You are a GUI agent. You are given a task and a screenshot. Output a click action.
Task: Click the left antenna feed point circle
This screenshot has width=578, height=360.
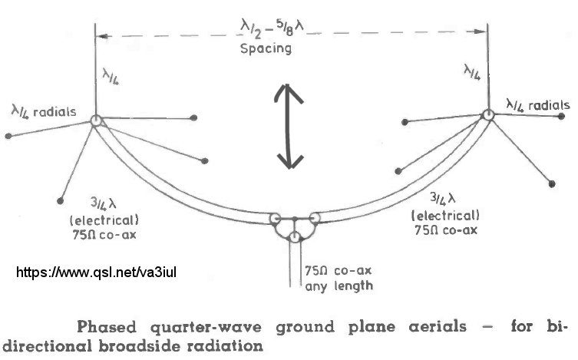(95, 121)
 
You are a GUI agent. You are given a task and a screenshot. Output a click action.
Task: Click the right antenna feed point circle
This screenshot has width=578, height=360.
(488, 115)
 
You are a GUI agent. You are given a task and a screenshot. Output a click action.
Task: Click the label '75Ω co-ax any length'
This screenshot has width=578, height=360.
(339, 278)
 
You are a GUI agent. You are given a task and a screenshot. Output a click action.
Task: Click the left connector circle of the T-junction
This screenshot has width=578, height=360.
(276, 220)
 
